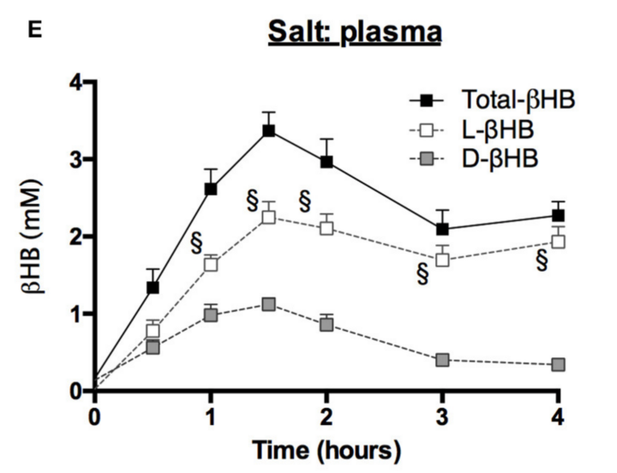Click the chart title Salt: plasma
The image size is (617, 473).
[354, 33]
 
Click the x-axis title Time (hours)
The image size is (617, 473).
[326, 449]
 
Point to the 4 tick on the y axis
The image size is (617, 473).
[75, 83]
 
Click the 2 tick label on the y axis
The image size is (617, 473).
[75, 237]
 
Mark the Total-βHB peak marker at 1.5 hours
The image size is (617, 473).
[269, 131]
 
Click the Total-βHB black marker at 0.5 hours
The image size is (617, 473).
[153, 288]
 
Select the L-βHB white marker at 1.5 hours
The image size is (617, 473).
[269, 217]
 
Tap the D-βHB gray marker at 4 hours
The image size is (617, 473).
[558, 365]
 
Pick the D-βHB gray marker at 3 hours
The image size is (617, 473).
[442, 360]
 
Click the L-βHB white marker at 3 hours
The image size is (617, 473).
[442, 260]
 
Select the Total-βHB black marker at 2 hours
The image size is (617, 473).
[326, 162]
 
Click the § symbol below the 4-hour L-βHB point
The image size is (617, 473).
[541, 261]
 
